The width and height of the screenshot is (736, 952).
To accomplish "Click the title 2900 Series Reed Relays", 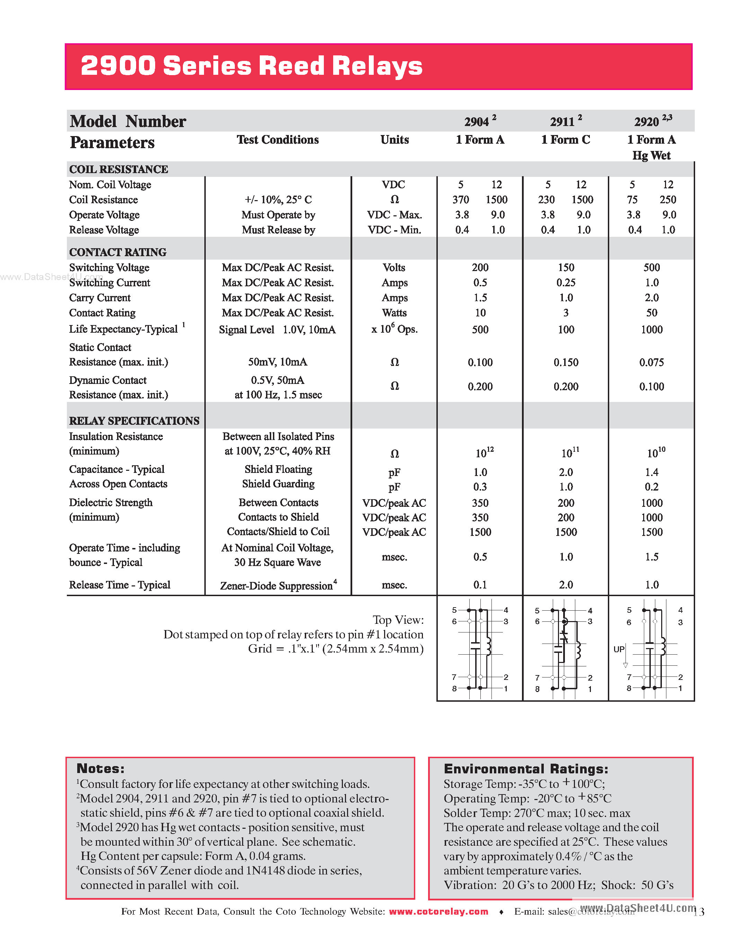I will [251, 66].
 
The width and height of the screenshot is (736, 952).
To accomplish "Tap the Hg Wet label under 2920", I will [651, 156].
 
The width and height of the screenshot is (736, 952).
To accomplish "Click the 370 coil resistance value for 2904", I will [460, 200].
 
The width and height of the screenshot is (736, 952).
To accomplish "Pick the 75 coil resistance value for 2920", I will [632, 200].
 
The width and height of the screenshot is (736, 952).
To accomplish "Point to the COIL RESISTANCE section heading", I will [118, 169].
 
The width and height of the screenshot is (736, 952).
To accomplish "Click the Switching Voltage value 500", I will [651, 267].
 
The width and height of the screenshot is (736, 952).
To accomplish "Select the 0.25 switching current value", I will [566, 282].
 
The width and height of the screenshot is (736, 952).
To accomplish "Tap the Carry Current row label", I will [99, 298].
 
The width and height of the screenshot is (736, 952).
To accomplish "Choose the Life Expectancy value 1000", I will [651, 330].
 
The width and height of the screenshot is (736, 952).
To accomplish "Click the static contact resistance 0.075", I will [651, 362].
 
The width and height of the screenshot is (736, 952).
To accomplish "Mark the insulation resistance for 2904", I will [484, 453].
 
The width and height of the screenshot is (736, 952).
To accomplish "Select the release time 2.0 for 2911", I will [566, 585].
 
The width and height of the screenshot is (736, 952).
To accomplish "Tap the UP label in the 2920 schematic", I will [619, 649].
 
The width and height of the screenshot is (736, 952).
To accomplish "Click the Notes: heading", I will [100, 769].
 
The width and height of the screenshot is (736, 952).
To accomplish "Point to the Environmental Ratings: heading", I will [525, 769].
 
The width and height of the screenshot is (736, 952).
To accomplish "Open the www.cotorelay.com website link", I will [438, 911].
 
